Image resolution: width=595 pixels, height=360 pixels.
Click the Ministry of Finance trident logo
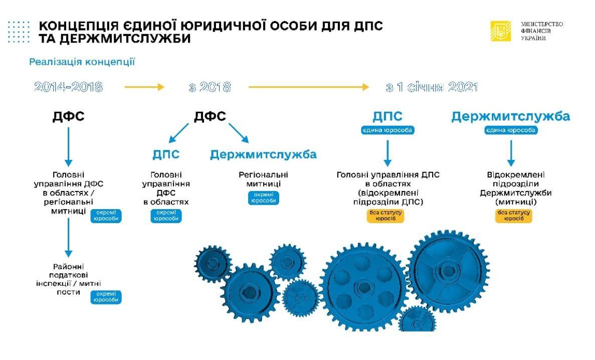(500, 31)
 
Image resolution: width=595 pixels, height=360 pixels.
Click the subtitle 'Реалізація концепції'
(82, 62)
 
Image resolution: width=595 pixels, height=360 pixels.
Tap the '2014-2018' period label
(69, 87)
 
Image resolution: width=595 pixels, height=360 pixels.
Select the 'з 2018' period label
(210, 87)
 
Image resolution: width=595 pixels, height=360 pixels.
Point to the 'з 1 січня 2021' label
(432, 87)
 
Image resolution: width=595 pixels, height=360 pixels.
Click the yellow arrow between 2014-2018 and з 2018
(144, 87)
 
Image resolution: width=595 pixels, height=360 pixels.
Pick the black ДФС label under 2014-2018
(69, 117)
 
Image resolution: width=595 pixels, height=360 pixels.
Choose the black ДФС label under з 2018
(210, 117)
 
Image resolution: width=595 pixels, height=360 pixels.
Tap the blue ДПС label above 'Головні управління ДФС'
(166, 154)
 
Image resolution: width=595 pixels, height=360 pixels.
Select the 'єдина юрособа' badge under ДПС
(388, 130)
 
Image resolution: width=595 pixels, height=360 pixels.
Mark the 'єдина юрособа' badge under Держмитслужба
(511, 130)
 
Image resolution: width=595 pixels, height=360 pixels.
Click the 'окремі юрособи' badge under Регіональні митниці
(263, 198)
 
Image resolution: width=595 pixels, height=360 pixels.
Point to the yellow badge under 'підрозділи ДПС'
(387, 216)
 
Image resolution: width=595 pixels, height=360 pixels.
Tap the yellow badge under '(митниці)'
(513, 216)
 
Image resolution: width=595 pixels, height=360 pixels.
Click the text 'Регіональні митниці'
(263, 179)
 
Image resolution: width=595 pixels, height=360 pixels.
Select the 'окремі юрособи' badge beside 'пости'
(106, 297)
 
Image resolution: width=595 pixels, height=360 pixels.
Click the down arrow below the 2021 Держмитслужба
(511, 152)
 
